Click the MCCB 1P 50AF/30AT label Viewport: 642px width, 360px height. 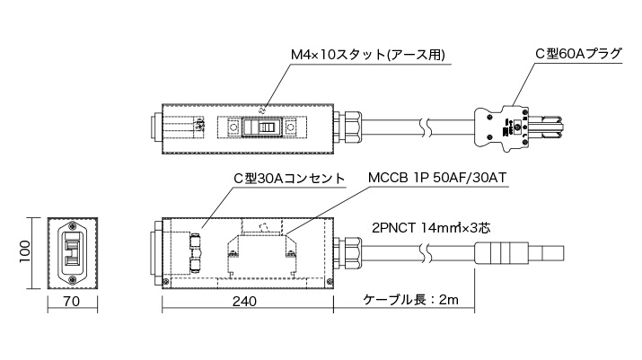coord(439,179)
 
